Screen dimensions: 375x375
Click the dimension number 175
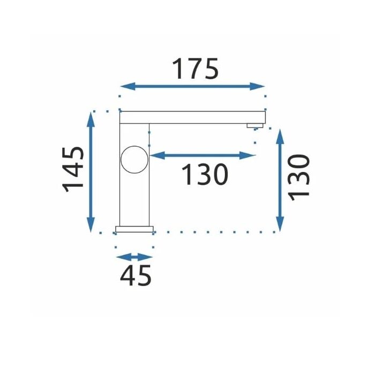195,69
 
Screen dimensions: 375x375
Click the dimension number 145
73,170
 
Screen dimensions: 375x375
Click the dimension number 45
136,275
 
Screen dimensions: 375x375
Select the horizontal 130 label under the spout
205,174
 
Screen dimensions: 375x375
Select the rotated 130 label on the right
299,178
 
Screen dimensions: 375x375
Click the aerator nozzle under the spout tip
255,125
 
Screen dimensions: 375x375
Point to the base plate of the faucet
134,229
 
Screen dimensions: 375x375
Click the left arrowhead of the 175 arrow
127,86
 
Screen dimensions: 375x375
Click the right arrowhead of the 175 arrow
257,86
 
